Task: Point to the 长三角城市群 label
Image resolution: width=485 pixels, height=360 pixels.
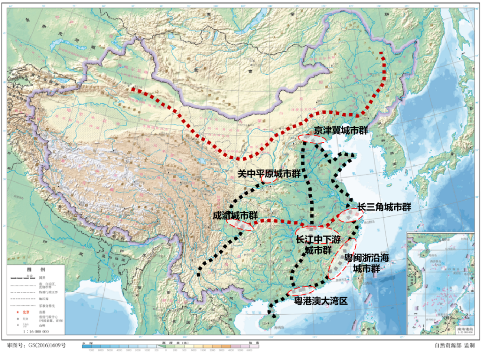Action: [384, 207]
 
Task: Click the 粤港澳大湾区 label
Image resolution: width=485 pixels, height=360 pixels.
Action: [321, 300]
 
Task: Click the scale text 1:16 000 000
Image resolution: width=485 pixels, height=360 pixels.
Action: [36, 331]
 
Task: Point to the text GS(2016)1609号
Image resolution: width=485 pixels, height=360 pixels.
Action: [47, 346]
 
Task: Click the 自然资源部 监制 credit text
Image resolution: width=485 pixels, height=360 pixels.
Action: [454, 346]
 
